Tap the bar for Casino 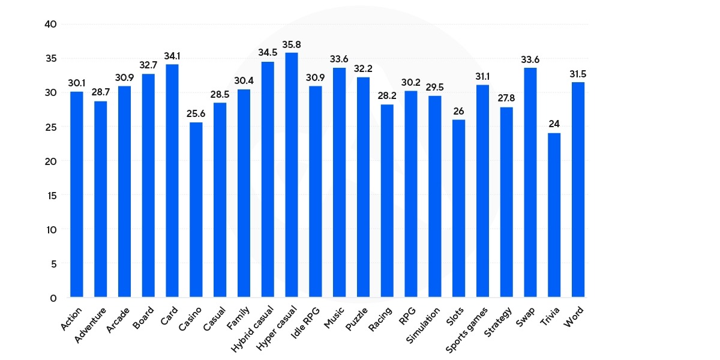coord(196,209)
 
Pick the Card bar coord(172,180)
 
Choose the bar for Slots coord(458,208)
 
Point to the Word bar coord(578,189)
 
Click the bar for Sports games coord(482,191)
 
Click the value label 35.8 coord(292,44)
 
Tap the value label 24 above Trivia coord(554,125)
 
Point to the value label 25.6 coord(196,114)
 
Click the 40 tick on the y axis coord(50,25)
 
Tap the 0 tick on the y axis coord(53,298)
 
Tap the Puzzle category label coord(358,319)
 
